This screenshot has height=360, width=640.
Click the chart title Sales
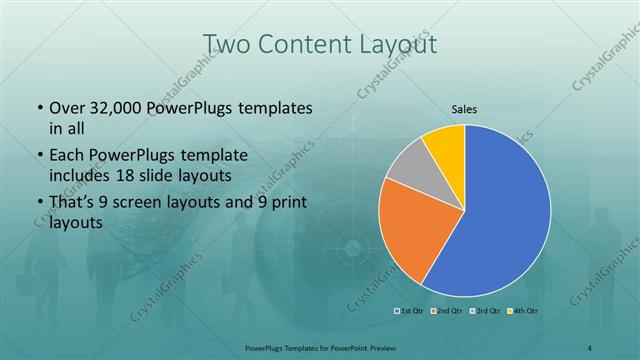coord(464,108)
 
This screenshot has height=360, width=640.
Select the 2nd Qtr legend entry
coord(449,310)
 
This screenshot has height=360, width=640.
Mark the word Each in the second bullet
coord(67,157)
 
